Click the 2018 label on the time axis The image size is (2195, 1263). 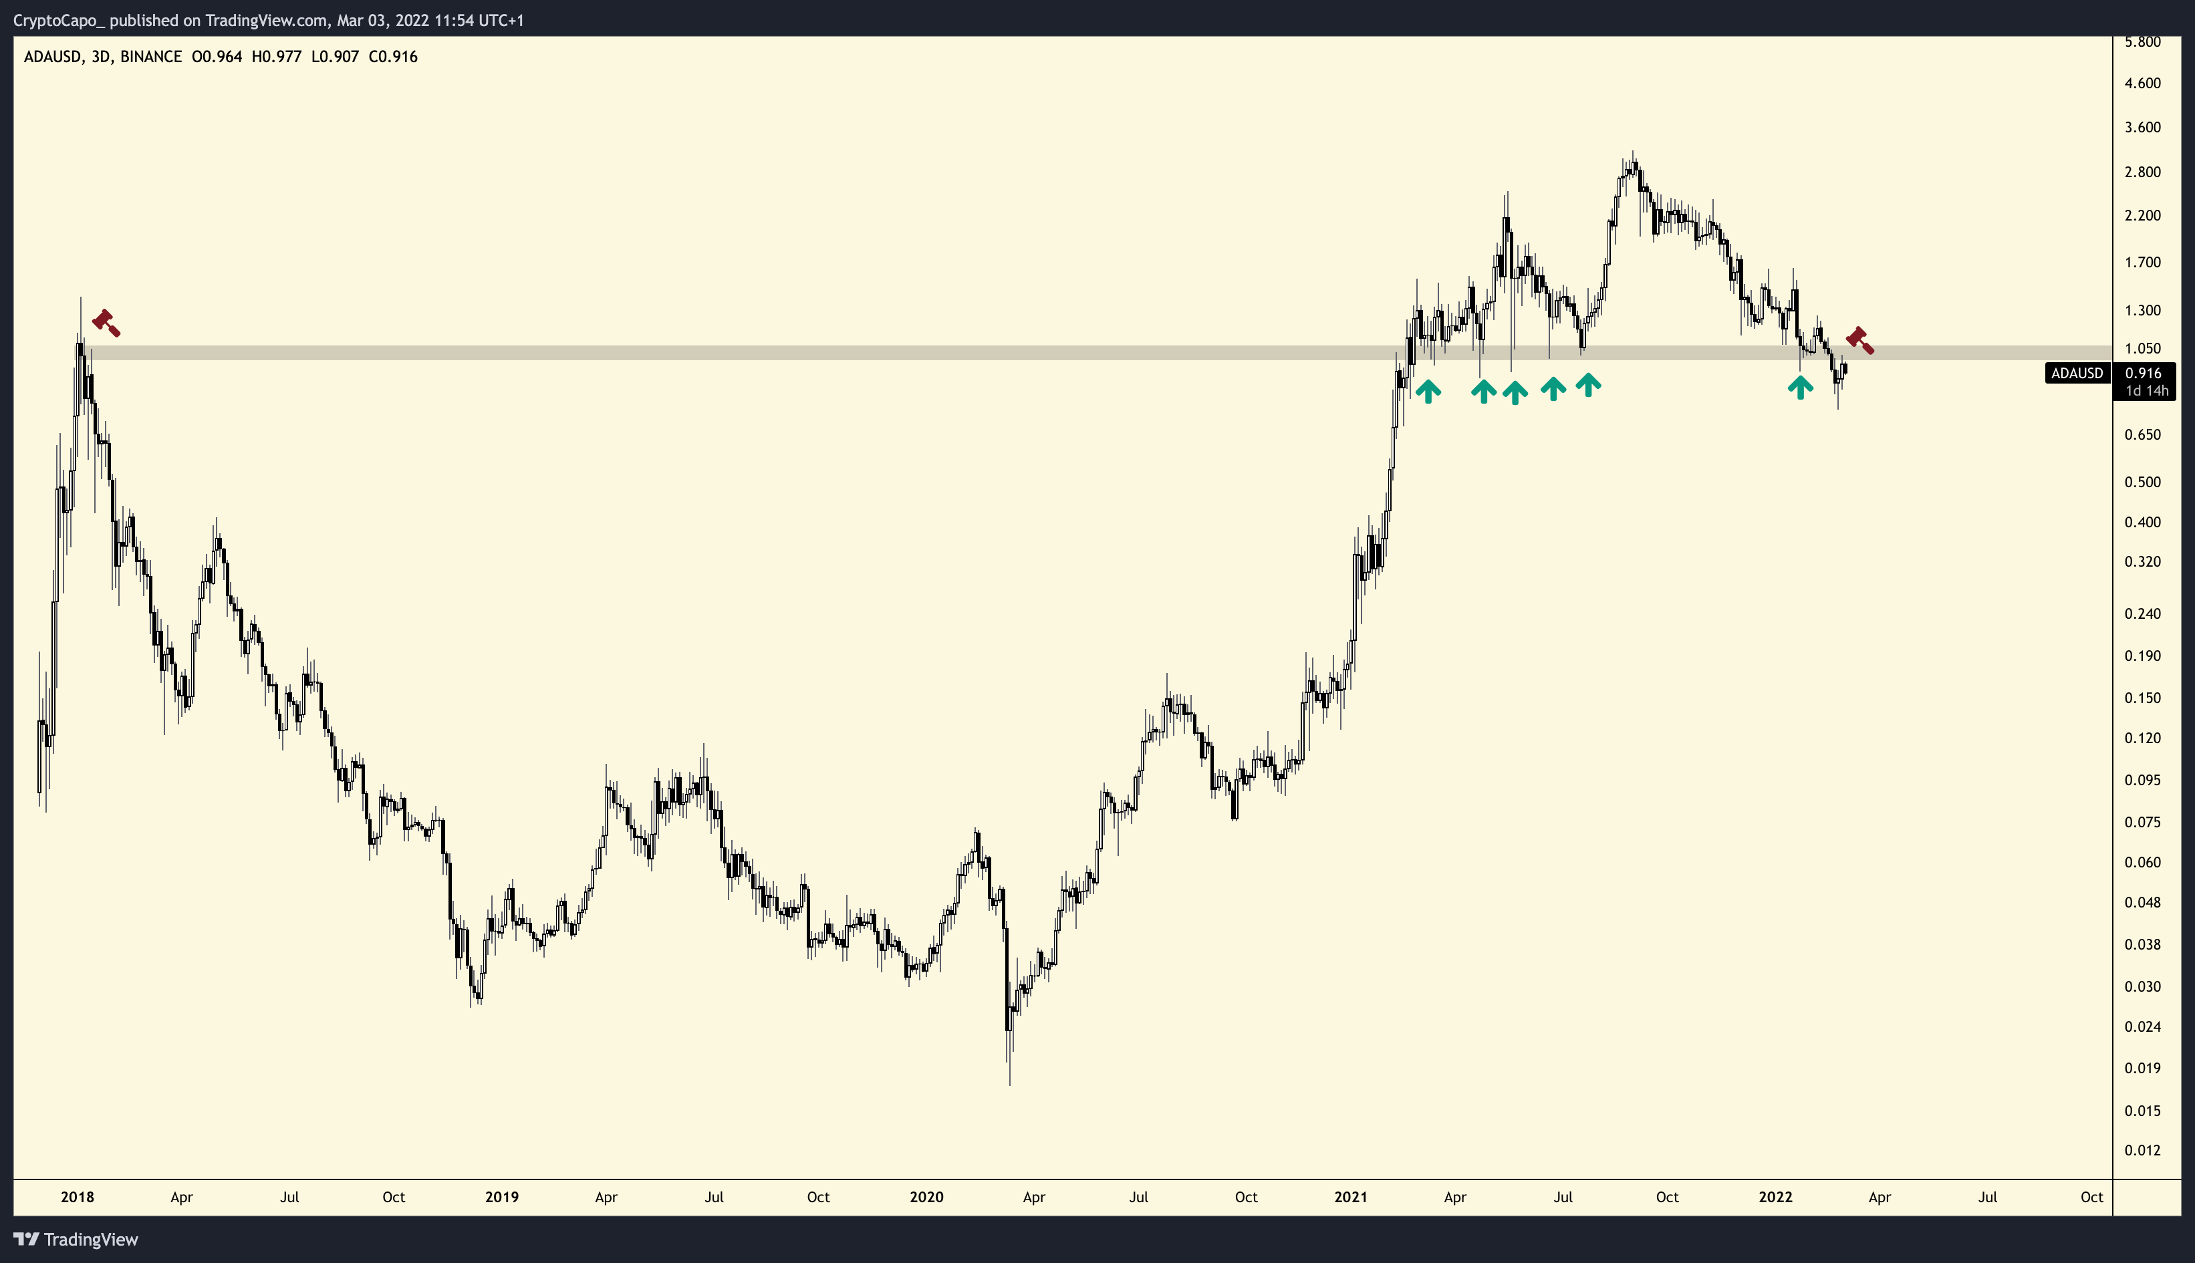point(78,1197)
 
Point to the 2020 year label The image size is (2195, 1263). point(926,1197)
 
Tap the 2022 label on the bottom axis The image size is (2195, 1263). point(1775,1197)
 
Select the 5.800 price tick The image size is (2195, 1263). point(2142,41)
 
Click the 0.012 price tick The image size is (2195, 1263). point(2142,1150)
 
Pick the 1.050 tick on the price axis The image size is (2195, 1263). point(2142,349)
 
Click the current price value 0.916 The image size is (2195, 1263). point(2143,373)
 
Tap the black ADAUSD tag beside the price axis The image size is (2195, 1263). point(2077,373)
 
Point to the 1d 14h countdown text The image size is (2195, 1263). point(2146,390)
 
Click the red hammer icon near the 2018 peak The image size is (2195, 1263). point(106,323)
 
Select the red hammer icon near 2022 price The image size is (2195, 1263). point(1859,340)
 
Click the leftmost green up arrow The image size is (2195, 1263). point(1428,391)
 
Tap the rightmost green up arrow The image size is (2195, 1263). point(1800,387)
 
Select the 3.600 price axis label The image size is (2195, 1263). point(2142,128)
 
